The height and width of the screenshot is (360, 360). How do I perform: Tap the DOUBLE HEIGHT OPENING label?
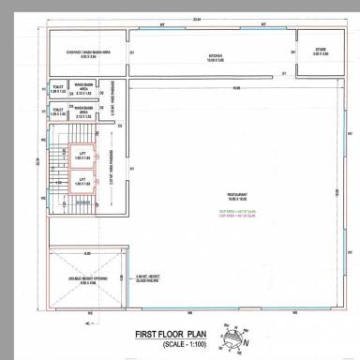pos(86,277)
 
